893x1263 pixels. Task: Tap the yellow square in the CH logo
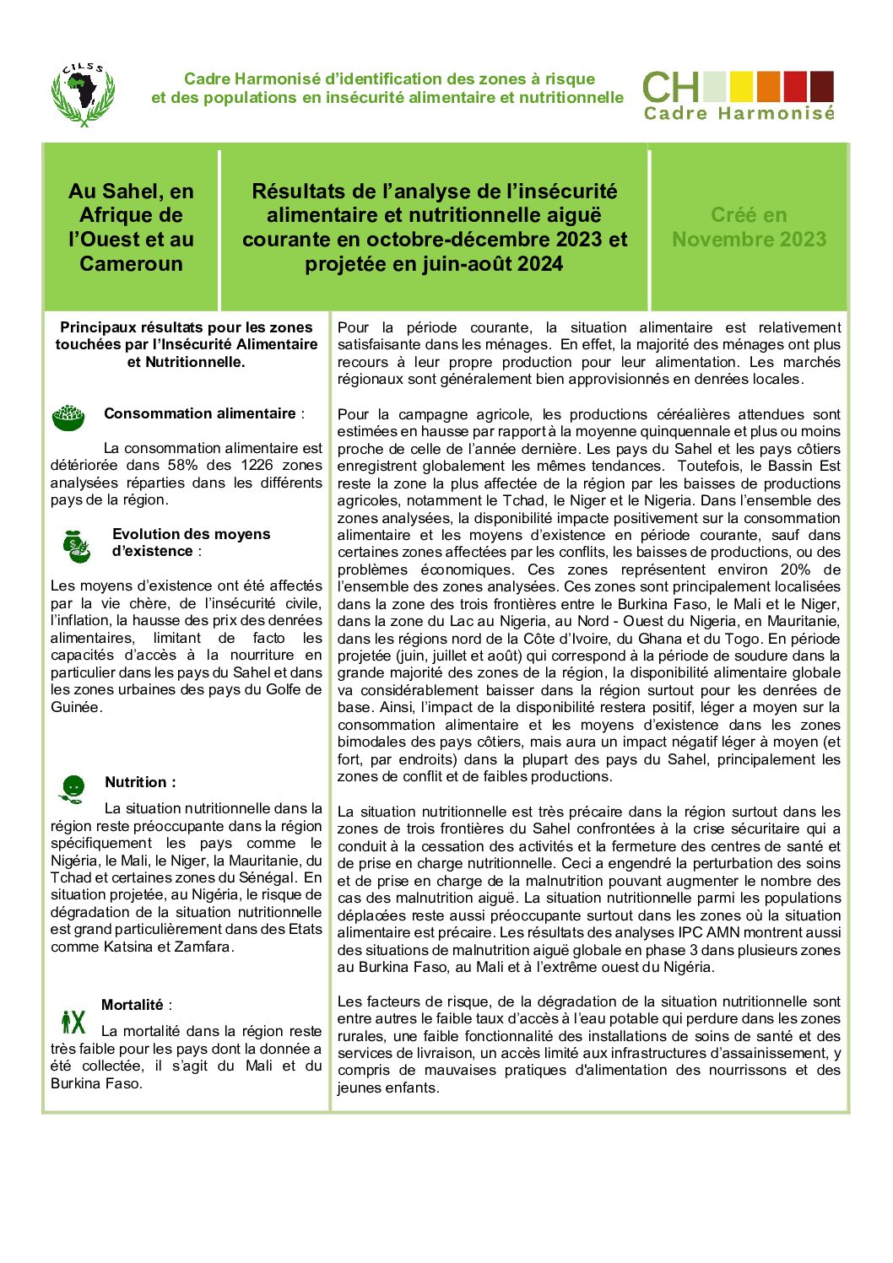pyautogui.click(x=741, y=86)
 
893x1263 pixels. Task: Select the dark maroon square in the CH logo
pyautogui.click(x=822, y=86)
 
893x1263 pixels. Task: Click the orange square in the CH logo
pyautogui.click(x=768, y=86)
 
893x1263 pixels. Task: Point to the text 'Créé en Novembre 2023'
pyautogui.click(x=749, y=227)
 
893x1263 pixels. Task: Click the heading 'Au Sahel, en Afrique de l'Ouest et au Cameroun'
pyautogui.click(x=131, y=227)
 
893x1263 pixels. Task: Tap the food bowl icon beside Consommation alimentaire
pyautogui.click(x=68, y=416)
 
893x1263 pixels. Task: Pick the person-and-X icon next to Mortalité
pyautogui.click(x=73, y=1023)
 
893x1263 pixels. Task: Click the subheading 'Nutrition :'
pyautogui.click(x=140, y=782)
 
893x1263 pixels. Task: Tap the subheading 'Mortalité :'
pyautogui.click(x=136, y=1005)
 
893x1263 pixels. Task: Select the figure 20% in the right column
pyautogui.click(x=795, y=569)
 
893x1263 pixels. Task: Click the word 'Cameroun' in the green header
pyautogui.click(x=131, y=264)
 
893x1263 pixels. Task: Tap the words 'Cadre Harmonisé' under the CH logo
pyautogui.click(x=739, y=113)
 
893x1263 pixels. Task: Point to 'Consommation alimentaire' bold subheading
pyautogui.click(x=200, y=413)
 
